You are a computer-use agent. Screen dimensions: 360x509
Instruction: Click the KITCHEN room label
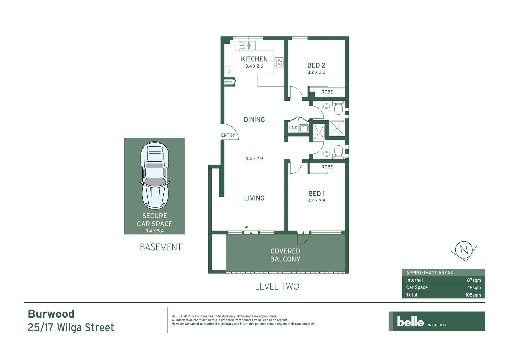click(x=254, y=59)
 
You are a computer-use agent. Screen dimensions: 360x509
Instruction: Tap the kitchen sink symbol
click(x=247, y=45)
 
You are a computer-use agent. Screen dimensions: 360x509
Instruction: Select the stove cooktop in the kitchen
click(x=279, y=62)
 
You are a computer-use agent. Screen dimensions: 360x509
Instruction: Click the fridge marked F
click(x=229, y=72)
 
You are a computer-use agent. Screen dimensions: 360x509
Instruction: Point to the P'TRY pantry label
click(x=229, y=82)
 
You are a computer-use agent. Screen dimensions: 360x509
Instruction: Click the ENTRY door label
click(x=228, y=135)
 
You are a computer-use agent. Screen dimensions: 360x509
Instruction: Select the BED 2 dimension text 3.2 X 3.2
click(x=316, y=72)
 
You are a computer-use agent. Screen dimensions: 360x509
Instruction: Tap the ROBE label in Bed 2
click(x=327, y=92)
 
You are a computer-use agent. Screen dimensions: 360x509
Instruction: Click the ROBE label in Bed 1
click(x=327, y=167)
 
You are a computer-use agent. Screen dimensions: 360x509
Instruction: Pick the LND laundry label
click(x=293, y=128)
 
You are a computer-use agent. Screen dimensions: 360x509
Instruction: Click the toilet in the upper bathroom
click(x=338, y=109)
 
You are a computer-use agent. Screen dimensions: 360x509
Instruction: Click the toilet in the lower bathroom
click(x=338, y=151)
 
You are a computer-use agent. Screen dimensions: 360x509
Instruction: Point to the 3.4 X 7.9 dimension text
click(x=254, y=159)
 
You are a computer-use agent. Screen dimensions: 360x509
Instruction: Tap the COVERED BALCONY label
click(x=285, y=255)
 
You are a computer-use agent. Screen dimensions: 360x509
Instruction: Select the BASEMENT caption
click(x=161, y=247)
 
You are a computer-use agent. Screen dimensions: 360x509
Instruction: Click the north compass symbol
click(x=464, y=249)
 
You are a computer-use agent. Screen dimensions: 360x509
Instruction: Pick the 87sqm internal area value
click(x=474, y=280)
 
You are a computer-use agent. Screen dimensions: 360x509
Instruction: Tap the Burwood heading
click(x=51, y=314)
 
